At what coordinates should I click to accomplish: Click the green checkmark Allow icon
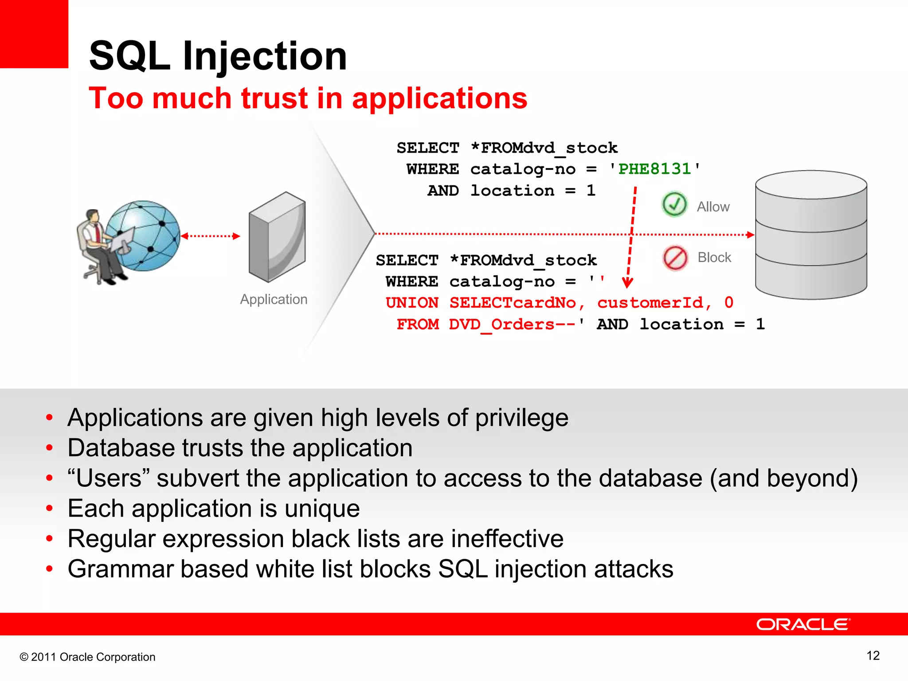point(674,204)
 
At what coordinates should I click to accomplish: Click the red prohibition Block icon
point(675,258)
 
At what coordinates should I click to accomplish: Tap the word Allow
point(713,207)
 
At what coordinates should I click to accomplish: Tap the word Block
point(714,258)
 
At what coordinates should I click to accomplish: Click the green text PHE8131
point(654,169)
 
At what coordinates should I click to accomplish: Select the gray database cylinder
point(811,235)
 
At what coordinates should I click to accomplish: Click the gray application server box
point(277,237)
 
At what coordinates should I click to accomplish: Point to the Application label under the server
point(274,299)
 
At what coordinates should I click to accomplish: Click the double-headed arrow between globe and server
point(210,236)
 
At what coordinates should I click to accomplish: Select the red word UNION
point(412,303)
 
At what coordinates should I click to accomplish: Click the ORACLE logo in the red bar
point(803,624)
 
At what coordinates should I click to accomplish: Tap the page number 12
point(873,656)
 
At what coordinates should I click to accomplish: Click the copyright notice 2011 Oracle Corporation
point(88,657)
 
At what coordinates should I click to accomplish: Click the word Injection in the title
point(264,57)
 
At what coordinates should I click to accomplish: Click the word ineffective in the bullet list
point(507,539)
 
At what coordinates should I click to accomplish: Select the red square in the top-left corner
point(34,34)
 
